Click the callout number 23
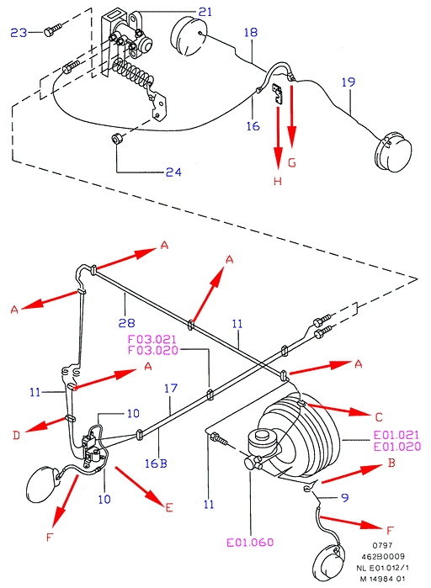point(19,33)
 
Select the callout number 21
point(205,12)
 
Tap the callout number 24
point(173,172)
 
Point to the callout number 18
point(251,32)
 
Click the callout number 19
point(349,82)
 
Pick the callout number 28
point(126,322)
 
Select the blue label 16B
point(156,464)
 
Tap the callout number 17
point(171,388)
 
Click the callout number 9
point(345,498)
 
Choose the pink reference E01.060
point(250,543)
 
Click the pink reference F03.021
point(152,339)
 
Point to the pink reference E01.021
point(396,435)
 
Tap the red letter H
point(278,182)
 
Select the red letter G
point(292,162)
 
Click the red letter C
point(379,417)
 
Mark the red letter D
point(16,435)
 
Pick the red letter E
point(169,507)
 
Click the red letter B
point(391,463)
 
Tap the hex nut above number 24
point(117,139)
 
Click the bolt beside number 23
point(52,29)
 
